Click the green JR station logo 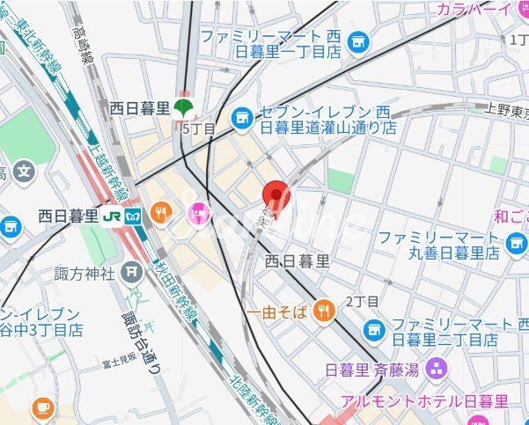point(112,216)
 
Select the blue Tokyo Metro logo point(133,216)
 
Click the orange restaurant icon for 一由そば point(326,310)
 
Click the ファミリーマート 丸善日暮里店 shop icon point(516,242)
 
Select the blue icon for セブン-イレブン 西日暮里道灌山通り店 point(240,116)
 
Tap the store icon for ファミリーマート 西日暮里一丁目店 point(357,40)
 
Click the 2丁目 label point(361,302)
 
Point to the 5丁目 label point(197,128)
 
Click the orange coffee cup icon point(41,407)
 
